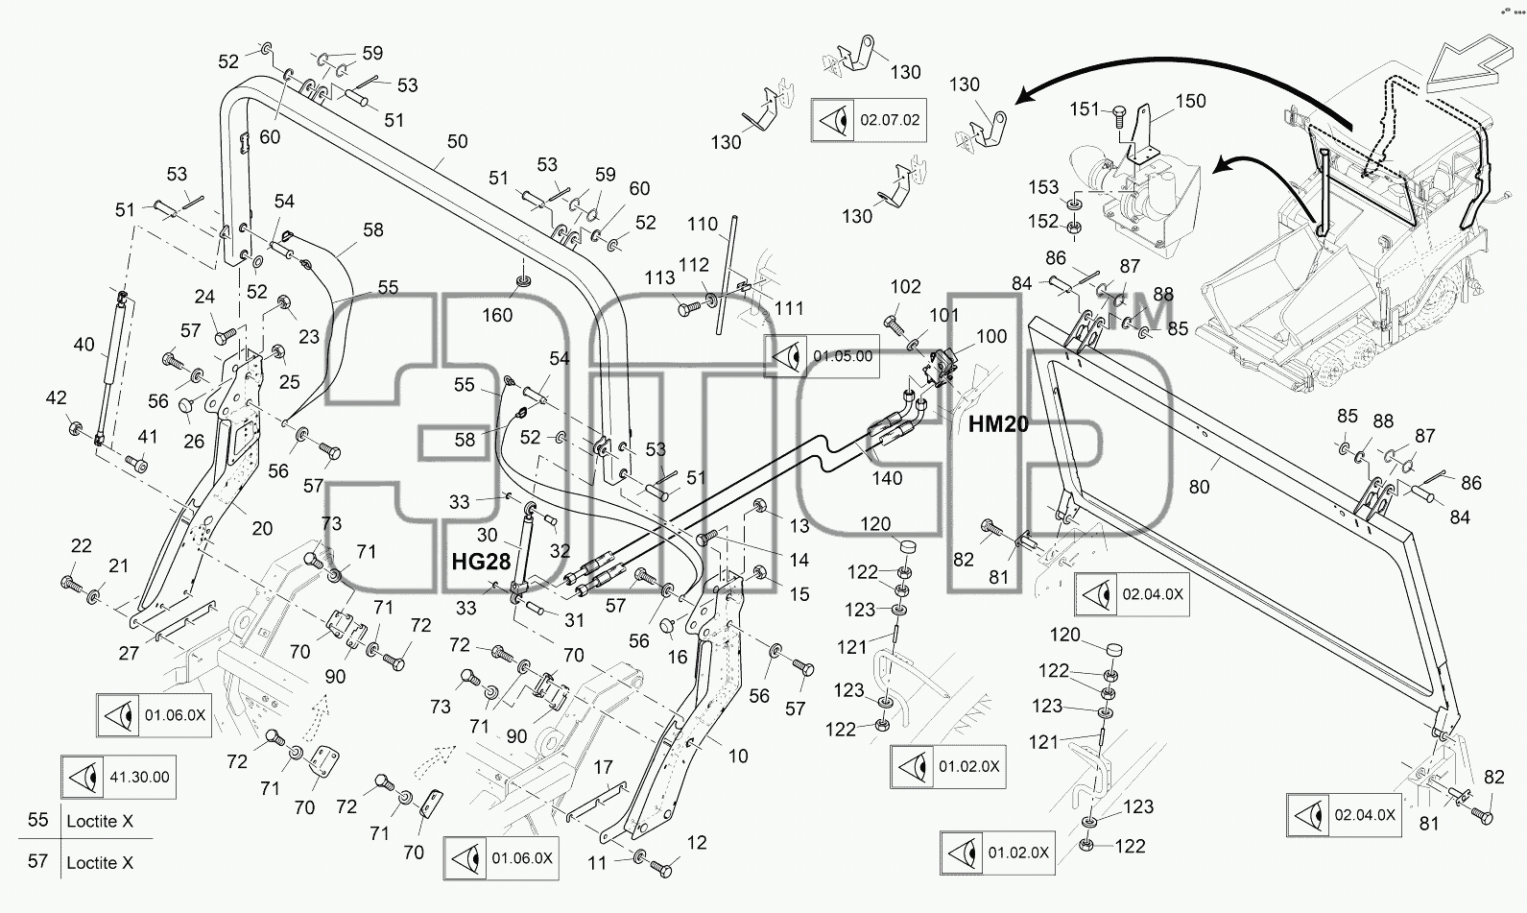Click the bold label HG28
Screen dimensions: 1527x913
[x=481, y=562]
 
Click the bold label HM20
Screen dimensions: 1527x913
[x=998, y=424]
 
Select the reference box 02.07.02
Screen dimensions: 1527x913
[x=869, y=120]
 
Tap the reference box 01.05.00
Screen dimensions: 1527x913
[x=822, y=356]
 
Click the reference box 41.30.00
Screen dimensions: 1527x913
[x=119, y=777]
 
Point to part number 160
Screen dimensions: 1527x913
[x=497, y=315]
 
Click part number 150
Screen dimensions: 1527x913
[x=1190, y=101]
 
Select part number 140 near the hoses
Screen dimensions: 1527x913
[x=887, y=478]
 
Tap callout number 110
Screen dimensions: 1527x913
[x=703, y=224]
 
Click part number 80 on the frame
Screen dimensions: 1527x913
[x=1199, y=487]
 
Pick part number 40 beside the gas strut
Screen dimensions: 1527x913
[x=84, y=345]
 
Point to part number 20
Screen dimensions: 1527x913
[x=262, y=528]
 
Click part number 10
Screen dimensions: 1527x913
[x=738, y=757]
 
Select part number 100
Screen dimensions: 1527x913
[x=991, y=336]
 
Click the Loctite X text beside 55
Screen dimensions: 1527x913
[x=100, y=821]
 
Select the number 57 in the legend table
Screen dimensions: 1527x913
[x=38, y=861]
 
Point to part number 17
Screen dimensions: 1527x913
[x=603, y=768]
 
